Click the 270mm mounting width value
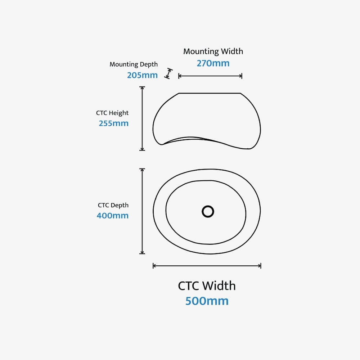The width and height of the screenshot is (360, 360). [213, 63]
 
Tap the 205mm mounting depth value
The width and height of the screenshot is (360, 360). [142, 75]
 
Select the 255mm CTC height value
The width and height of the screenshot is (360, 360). [113, 123]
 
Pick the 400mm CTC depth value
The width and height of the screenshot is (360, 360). [112, 216]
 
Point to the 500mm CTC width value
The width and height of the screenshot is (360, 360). [207, 301]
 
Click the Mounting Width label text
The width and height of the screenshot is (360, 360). [213, 51]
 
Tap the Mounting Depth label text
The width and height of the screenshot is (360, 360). [134, 64]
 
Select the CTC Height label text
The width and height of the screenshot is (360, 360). [112, 113]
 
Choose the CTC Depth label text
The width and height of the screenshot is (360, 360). [113, 205]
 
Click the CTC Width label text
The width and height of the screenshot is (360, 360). [207, 286]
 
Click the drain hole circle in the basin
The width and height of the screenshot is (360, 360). [208, 211]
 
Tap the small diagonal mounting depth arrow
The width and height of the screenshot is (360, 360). [168, 73]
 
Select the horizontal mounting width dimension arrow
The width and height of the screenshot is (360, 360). [210, 76]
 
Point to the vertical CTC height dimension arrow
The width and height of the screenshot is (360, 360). [142, 118]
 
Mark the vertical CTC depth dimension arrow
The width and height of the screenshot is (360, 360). [142, 211]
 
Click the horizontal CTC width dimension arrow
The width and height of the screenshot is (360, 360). [207, 266]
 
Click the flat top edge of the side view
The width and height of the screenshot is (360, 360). [210, 93]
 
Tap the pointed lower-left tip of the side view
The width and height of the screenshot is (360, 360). [162, 144]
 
